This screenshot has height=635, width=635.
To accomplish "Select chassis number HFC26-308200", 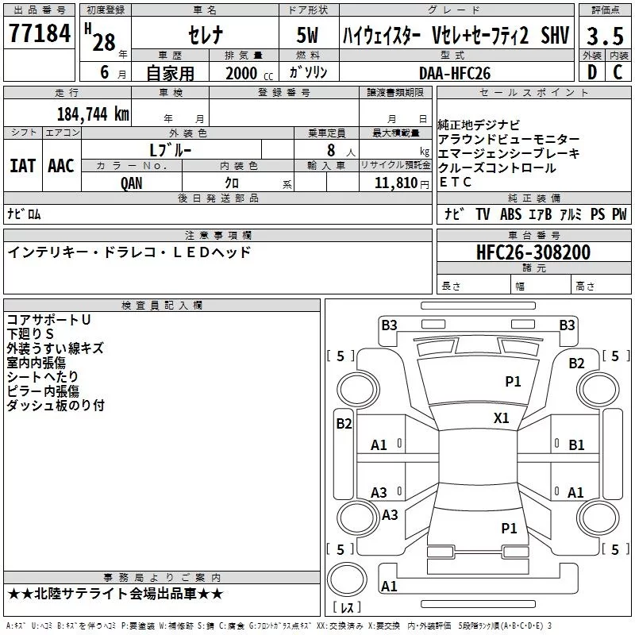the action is click(x=533, y=252).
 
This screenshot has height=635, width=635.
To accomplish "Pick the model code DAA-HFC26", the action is click(x=455, y=73).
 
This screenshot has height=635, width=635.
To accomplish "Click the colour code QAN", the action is click(x=133, y=182).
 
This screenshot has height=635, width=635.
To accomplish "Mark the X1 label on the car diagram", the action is click(x=502, y=418).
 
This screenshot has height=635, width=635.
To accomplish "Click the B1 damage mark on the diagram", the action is click(x=576, y=444).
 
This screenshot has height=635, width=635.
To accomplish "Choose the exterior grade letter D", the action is click(x=591, y=73).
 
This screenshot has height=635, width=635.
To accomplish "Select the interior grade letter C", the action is click(x=618, y=73).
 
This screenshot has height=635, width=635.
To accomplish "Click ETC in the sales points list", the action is click(x=455, y=183).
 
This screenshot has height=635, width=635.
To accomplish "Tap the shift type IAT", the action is click(x=22, y=165).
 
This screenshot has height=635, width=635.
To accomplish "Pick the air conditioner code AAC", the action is click(x=61, y=165).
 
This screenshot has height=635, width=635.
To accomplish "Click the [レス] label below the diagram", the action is click(x=348, y=609).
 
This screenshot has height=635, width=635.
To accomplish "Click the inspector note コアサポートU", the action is click(x=48, y=320).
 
